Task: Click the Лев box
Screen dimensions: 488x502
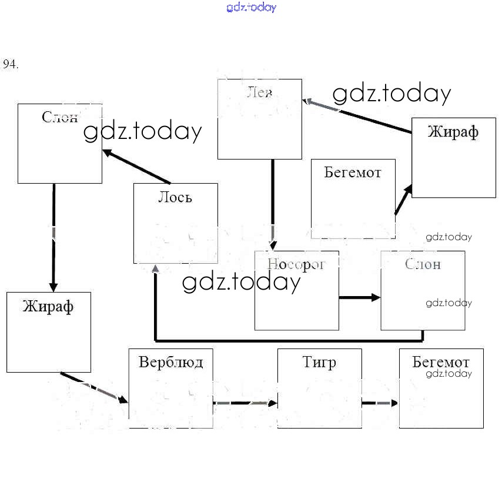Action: click(259, 119)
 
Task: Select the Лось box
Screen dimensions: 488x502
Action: click(175, 224)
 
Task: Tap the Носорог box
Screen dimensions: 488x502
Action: click(296, 291)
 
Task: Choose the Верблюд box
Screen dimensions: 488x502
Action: click(170, 389)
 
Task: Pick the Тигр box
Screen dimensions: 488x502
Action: click(319, 389)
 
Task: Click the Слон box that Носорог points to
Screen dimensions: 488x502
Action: click(423, 291)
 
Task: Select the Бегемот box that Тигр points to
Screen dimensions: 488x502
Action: click(441, 389)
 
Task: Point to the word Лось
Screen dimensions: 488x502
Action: click(175, 198)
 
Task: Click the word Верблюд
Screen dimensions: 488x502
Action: click(170, 361)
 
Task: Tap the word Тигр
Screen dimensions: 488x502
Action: click(319, 361)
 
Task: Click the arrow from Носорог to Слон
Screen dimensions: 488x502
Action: click(360, 298)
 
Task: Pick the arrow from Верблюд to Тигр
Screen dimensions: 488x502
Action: click(245, 403)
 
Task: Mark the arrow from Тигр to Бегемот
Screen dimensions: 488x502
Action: click(380, 403)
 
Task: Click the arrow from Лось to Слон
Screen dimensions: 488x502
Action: click(137, 167)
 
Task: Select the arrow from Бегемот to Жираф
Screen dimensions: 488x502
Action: click(403, 200)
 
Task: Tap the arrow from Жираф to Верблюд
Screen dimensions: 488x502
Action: click(94, 386)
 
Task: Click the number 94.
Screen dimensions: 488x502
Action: click(11, 65)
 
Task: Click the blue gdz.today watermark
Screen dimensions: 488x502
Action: click(251, 8)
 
